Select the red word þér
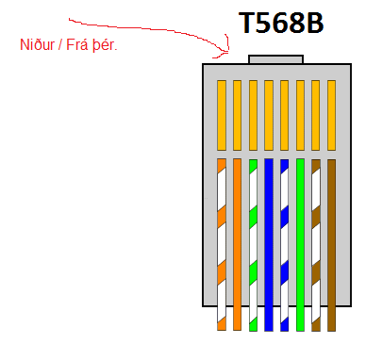(x=104, y=45)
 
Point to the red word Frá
(x=77, y=45)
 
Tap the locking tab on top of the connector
(x=274, y=58)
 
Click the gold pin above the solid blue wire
(x=269, y=115)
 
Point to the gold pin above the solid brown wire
(x=331, y=115)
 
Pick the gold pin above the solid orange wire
(x=237, y=115)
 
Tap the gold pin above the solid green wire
(x=300, y=115)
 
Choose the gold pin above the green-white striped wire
(x=253, y=115)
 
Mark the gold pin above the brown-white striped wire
(x=316, y=115)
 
